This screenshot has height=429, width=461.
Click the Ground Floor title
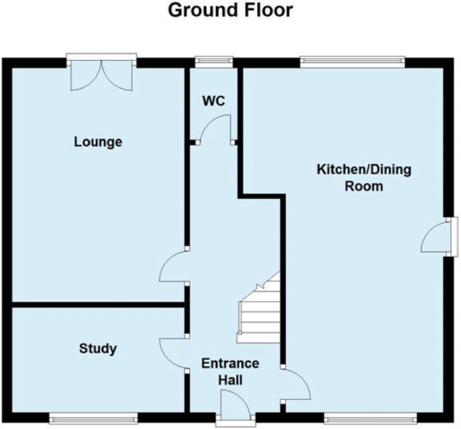coord(230,11)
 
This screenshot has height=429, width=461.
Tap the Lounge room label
coord(98,142)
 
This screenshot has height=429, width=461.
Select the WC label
coord(214,101)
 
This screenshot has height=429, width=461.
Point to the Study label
coord(98,349)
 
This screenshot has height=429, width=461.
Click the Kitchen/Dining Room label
coord(364,178)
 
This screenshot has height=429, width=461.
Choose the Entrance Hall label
coord(230,372)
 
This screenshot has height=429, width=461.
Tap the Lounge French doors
coord(101,75)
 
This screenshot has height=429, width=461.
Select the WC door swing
coord(215,128)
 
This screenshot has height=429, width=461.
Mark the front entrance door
coord(235,405)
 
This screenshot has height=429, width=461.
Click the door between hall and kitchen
coord(296,384)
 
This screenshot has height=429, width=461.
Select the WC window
coord(214,61)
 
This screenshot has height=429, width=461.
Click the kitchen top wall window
coord(353,61)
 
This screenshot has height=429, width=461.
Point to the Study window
coord(93,417)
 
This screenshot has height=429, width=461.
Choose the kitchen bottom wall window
coord(370,417)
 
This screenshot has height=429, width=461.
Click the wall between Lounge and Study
coord(98,304)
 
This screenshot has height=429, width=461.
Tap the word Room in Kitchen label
coord(364,186)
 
